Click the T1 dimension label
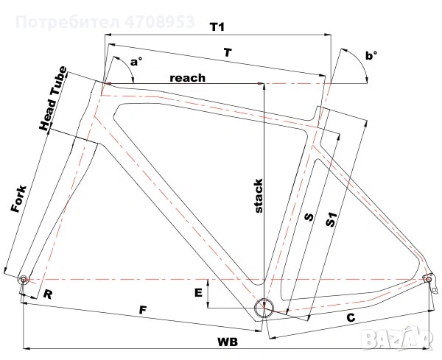[217, 27]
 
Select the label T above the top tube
[228, 53]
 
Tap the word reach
[187, 78]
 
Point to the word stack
[259, 196]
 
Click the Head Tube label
[53, 99]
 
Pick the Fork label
[19, 199]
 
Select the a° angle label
[136, 62]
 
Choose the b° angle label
[371, 56]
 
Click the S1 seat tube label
[331, 219]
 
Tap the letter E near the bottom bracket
[198, 293]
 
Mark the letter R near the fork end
[48, 294]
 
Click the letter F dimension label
[143, 310]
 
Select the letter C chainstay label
[351, 318]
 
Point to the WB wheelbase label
[228, 342]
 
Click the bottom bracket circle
[264, 308]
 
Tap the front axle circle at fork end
[23, 280]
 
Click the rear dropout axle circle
[428, 279]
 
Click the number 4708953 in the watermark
[160, 22]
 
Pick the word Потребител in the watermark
[67, 22]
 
